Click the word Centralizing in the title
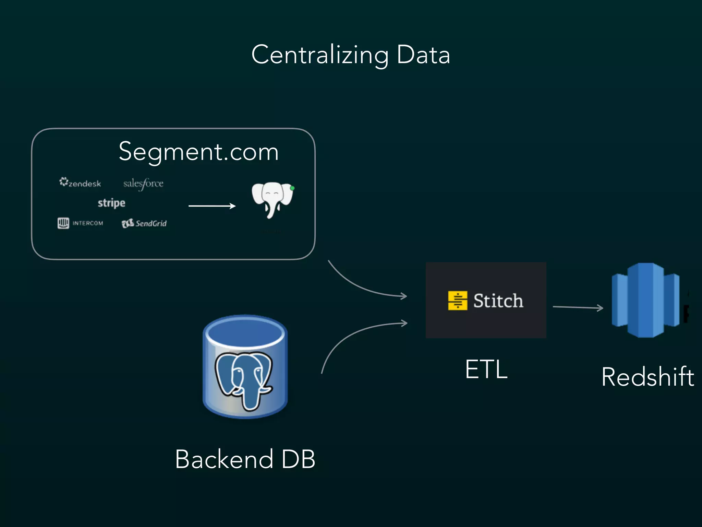(x=320, y=55)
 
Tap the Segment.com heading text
(x=198, y=151)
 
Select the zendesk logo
(x=80, y=183)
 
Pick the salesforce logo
(x=143, y=184)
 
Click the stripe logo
(x=111, y=203)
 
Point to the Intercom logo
(x=80, y=223)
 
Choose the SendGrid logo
(x=144, y=223)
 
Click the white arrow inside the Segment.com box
(x=212, y=206)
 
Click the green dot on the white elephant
(x=292, y=188)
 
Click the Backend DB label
(x=245, y=459)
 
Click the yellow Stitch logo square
(x=458, y=301)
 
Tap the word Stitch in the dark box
(x=498, y=301)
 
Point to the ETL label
(x=486, y=369)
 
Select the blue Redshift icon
(x=645, y=300)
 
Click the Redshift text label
(x=647, y=377)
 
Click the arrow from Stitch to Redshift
(x=578, y=307)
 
